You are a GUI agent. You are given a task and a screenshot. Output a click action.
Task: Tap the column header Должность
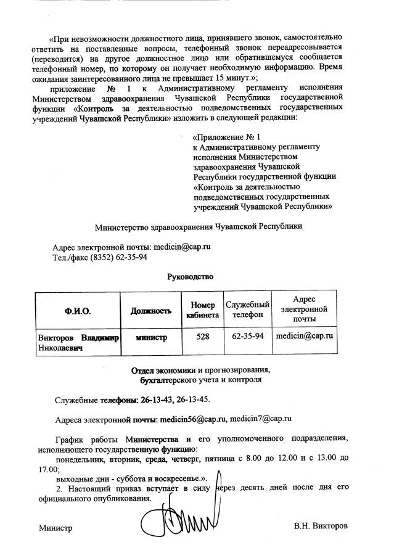tap(150, 311)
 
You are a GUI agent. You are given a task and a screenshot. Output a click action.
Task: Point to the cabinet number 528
tap(202, 337)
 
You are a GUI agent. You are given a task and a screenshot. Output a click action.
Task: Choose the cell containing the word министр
tap(151, 337)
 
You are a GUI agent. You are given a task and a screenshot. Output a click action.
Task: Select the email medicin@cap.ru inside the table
tap(305, 337)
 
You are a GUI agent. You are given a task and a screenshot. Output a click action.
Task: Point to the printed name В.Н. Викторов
tap(321, 527)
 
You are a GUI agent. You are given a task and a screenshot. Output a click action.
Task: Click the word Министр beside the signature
tap(56, 528)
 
